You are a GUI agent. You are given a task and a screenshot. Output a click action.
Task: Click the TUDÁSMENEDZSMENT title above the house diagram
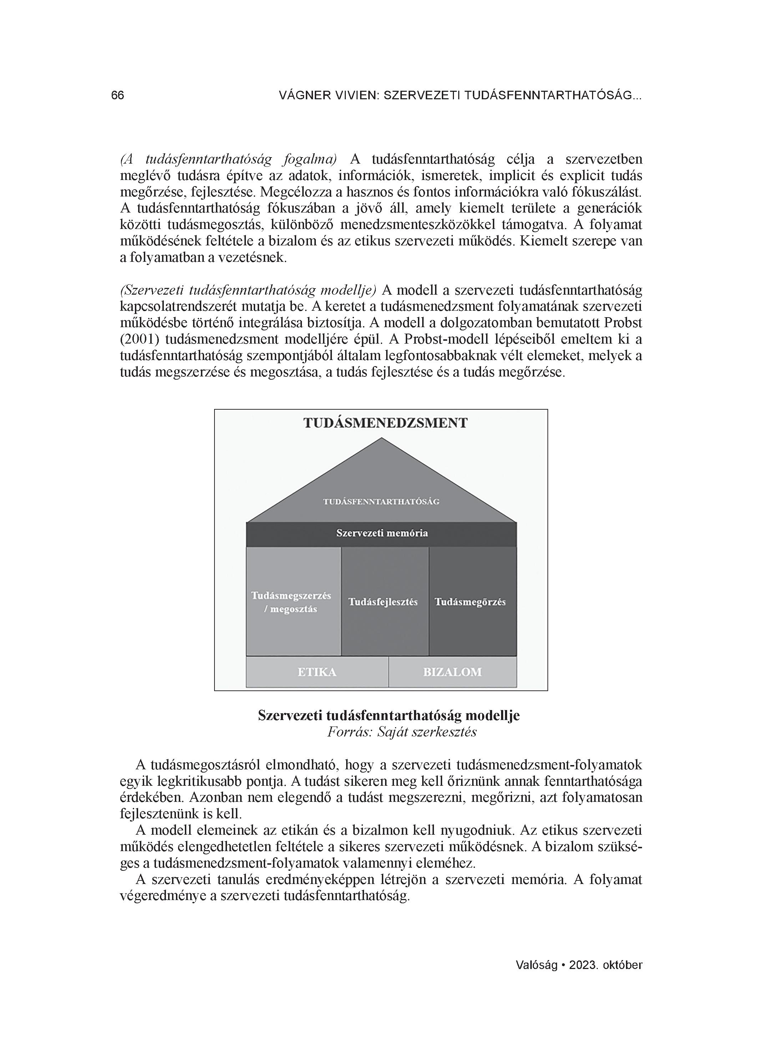pos(385,423)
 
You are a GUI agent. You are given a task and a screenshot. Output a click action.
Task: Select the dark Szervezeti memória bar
pos(382,534)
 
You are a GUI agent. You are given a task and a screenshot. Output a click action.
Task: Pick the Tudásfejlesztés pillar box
pos(383,602)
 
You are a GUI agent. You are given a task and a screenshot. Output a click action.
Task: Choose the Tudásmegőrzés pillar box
pos(470,602)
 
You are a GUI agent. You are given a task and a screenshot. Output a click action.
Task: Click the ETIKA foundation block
pos(317,672)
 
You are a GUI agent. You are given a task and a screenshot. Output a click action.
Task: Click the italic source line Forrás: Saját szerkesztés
pos(402,733)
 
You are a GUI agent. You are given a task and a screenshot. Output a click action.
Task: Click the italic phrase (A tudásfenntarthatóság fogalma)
pos(228,159)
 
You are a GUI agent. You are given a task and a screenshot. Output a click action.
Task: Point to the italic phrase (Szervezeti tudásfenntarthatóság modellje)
pos(248,290)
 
